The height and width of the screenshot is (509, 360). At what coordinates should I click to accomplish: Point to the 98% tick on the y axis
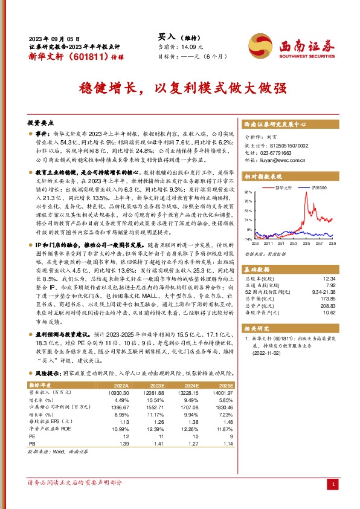[248, 192]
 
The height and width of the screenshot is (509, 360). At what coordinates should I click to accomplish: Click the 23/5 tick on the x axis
[306, 244]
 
